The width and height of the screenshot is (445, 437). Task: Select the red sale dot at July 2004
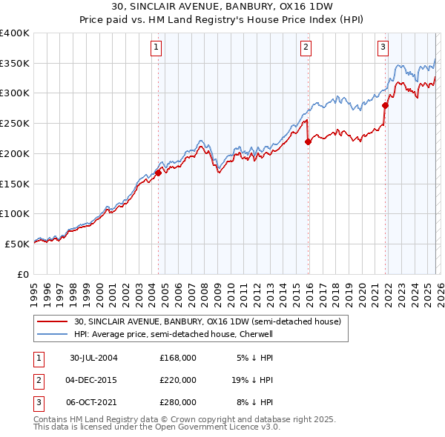(x=158, y=173)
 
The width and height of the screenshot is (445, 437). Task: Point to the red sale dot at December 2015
(x=307, y=142)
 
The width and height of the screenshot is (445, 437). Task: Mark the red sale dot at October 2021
(x=384, y=105)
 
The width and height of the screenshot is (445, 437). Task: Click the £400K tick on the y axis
(x=14, y=33)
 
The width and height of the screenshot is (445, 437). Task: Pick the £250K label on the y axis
(x=14, y=124)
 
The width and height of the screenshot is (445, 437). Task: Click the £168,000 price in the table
(x=178, y=357)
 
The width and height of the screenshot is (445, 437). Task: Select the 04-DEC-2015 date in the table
(x=93, y=380)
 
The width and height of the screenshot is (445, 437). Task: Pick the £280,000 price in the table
(x=178, y=403)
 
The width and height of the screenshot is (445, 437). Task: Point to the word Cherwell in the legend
(x=255, y=334)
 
